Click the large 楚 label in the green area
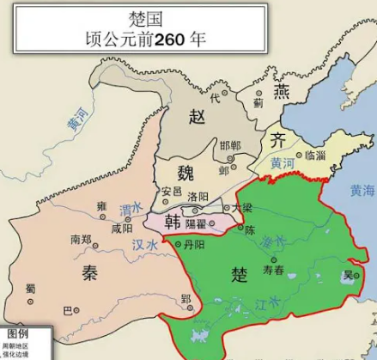click(240, 273)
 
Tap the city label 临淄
click(314, 156)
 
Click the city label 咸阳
click(122, 229)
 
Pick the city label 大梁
click(243, 208)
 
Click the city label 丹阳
click(194, 245)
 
